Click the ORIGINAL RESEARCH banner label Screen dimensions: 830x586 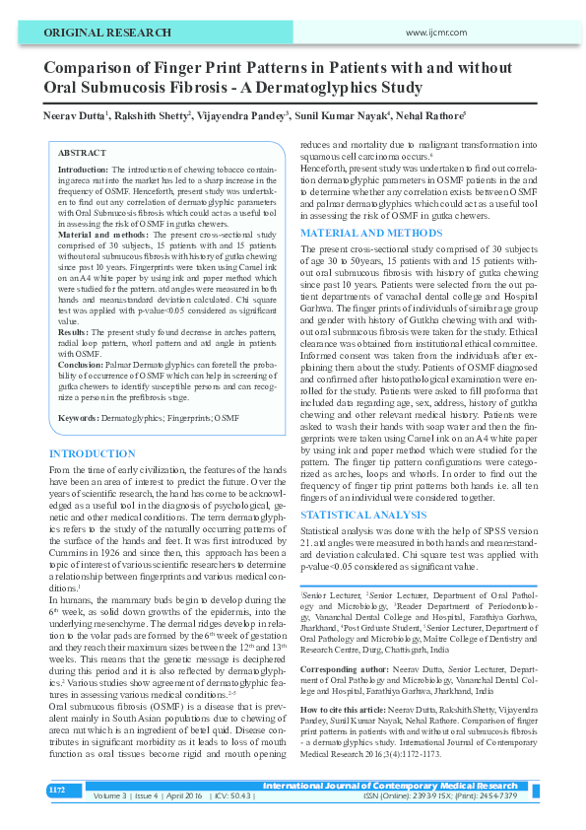(x=93, y=33)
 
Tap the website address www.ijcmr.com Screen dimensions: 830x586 (x=433, y=33)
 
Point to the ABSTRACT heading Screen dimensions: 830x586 (x=83, y=154)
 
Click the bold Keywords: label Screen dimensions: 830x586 (x=78, y=419)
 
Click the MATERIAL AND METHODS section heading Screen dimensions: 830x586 (x=364, y=233)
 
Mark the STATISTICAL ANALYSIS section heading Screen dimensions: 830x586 (x=362, y=515)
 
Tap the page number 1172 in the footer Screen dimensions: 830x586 (x=58, y=790)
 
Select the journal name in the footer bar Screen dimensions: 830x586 (x=389, y=786)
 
